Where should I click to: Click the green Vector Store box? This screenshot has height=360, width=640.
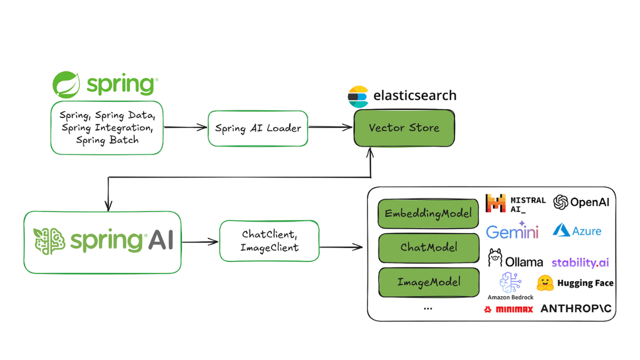click(404, 129)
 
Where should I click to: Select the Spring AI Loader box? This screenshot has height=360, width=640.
click(258, 129)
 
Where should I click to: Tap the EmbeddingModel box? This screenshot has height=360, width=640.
click(428, 214)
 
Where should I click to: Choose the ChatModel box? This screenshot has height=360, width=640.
click(428, 247)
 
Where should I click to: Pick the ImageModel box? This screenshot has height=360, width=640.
click(428, 282)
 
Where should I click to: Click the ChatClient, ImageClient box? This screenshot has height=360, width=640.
click(269, 241)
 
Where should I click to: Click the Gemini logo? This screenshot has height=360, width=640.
click(513, 231)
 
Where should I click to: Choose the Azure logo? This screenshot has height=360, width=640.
click(577, 230)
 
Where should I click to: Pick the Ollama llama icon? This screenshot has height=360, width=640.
click(495, 258)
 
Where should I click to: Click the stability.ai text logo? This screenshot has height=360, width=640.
click(580, 262)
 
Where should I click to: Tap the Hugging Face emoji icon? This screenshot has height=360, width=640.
click(545, 283)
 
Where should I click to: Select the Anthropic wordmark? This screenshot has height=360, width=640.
click(576, 309)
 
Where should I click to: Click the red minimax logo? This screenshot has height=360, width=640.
click(509, 309)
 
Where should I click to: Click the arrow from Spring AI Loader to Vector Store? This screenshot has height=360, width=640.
click(331, 127)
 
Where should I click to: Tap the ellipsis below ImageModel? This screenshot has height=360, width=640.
click(428, 309)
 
